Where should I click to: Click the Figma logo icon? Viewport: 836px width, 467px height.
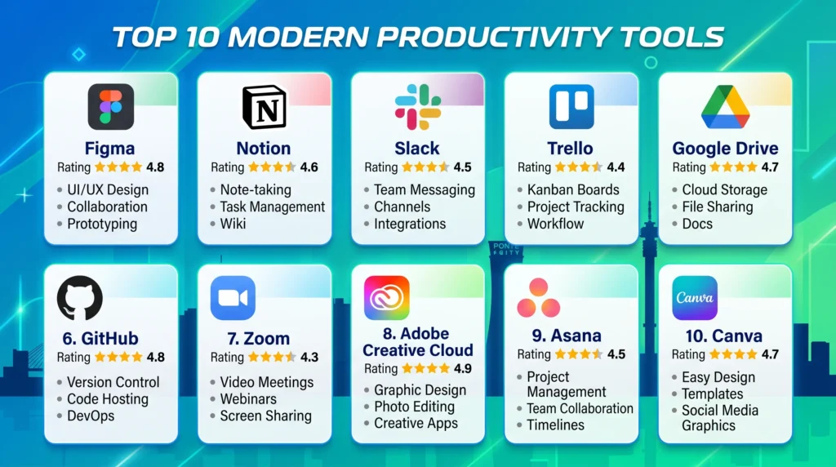pyautogui.click(x=111, y=107)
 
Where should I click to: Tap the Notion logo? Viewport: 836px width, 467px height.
pyautogui.click(x=265, y=107)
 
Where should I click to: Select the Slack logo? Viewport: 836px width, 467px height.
pyautogui.click(x=418, y=107)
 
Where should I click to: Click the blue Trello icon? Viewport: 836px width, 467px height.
pyautogui.click(x=571, y=107)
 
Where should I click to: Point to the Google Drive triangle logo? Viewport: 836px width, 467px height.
pyautogui.click(x=725, y=107)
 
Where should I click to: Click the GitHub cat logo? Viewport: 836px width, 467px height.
pyautogui.click(x=80, y=297)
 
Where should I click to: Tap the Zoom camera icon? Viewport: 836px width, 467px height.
pyautogui.click(x=233, y=297)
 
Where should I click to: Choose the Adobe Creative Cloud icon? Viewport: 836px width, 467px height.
pyautogui.click(x=386, y=297)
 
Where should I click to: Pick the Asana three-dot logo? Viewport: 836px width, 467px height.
pyautogui.click(x=539, y=297)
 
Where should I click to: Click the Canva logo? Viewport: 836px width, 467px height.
pyautogui.click(x=695, y=297)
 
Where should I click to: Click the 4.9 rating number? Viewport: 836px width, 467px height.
pyautogui.click(x=463, y=368)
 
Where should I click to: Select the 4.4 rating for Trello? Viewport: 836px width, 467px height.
pyautogui.click(x=616, y=167)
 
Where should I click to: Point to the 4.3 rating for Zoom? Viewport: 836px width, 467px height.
pyautogui.click(x=309, y=357)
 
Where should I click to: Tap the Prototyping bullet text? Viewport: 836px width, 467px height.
pyautogui.click(x=102, y=224)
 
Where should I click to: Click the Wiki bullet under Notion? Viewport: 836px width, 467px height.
pyautogui.click(x=233, y=224)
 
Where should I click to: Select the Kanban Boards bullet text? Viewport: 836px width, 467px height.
pyautogui.click(x=573, y=189)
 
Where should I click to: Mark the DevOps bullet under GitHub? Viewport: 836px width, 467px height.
pyautogui.click(x=91, y=416)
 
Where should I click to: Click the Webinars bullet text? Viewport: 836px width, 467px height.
pyautogui.click(x=248, y=398)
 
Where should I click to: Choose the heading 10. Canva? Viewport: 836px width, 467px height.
pyautogui.click(x=723, y=336)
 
